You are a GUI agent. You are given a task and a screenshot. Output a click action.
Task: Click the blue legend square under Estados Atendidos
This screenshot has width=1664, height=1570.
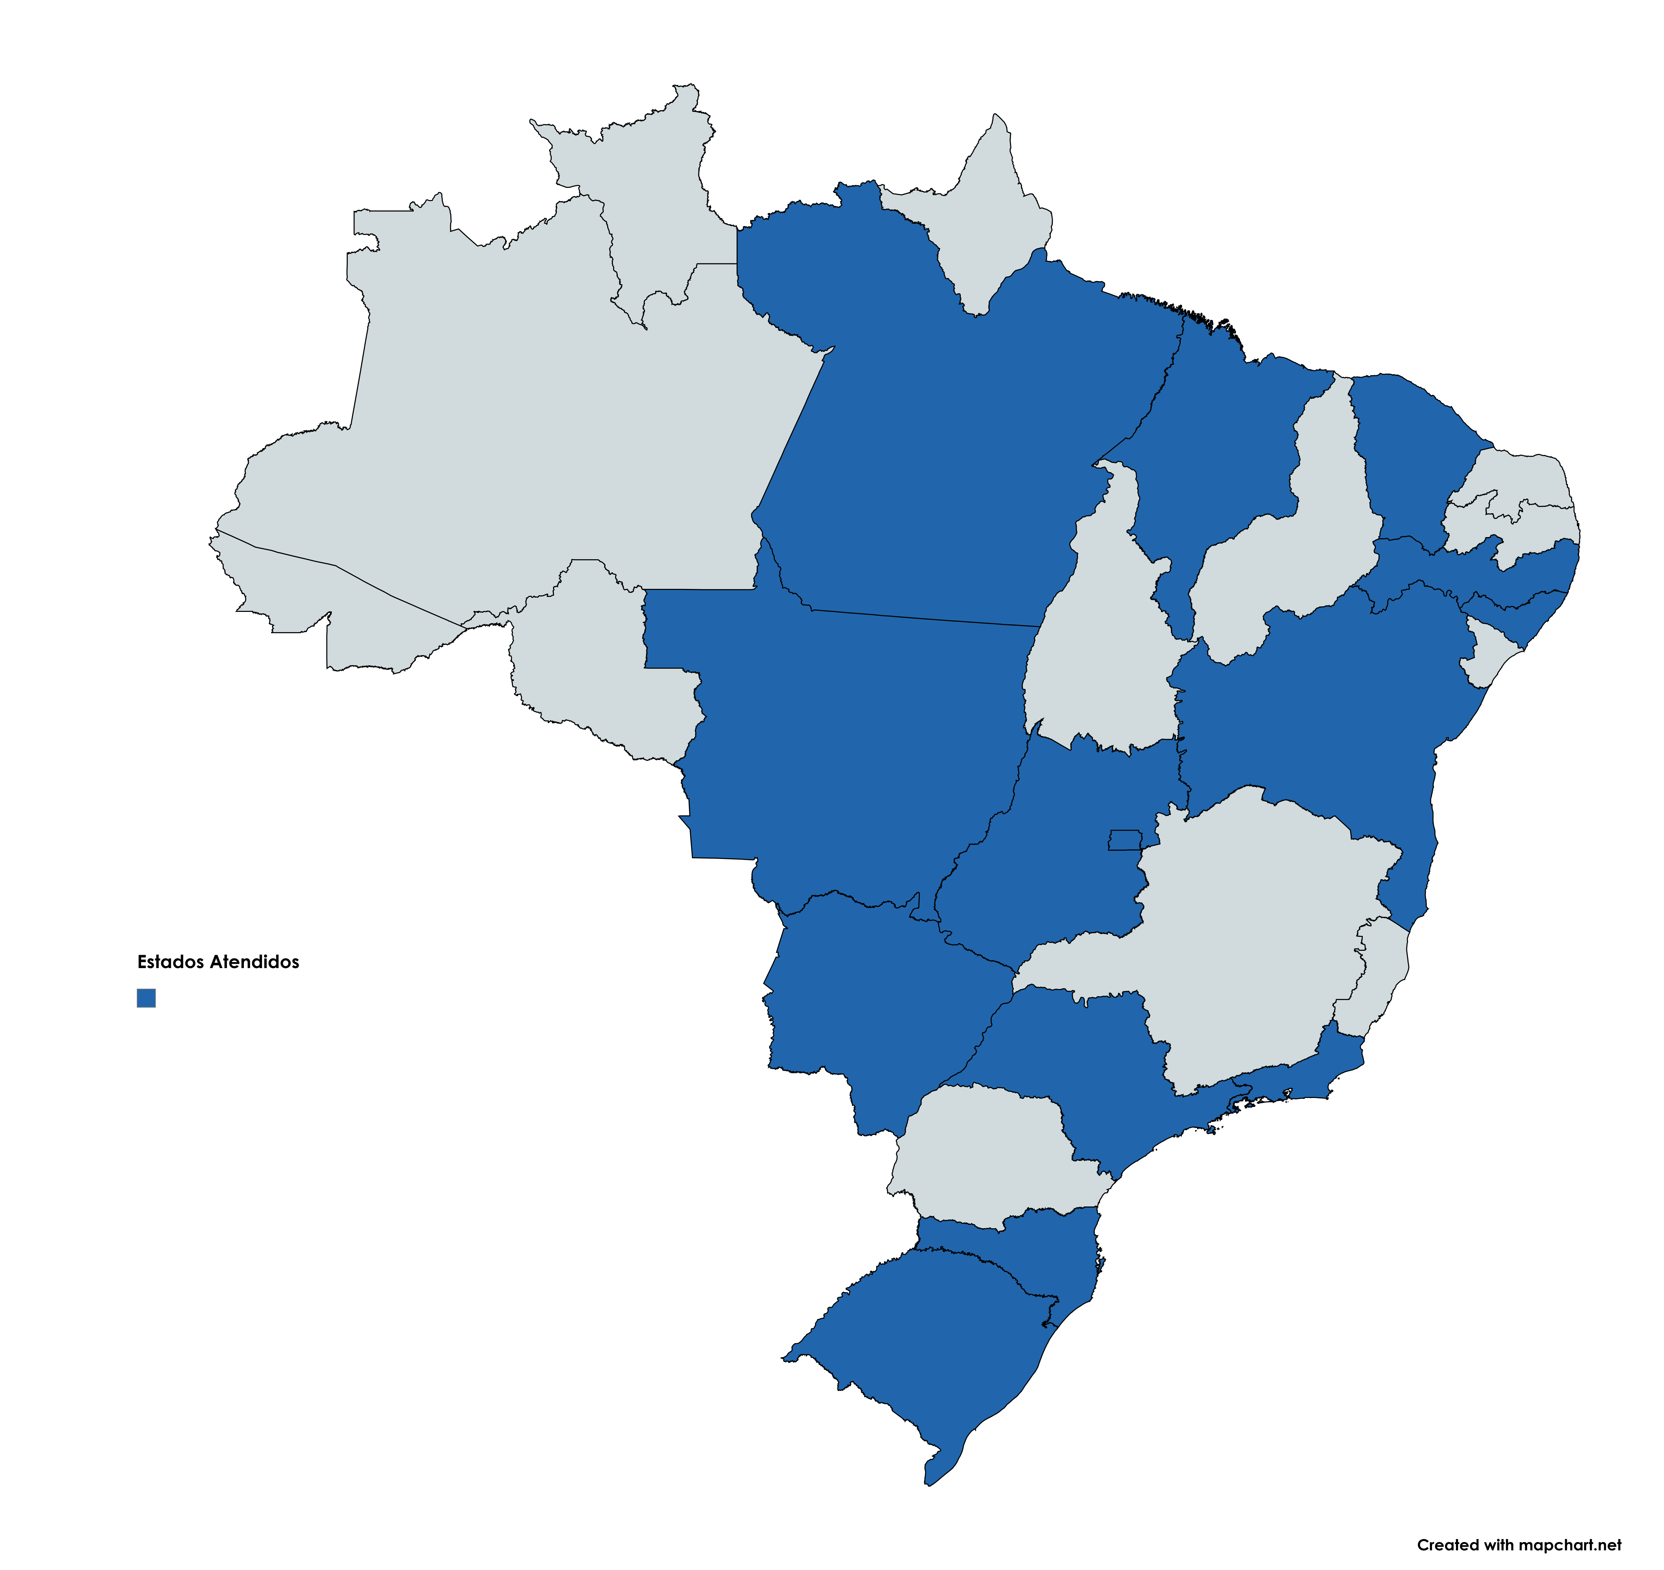coord(146,998)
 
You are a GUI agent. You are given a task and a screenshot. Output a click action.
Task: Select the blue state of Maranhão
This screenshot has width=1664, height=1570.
coord(1222,444)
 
